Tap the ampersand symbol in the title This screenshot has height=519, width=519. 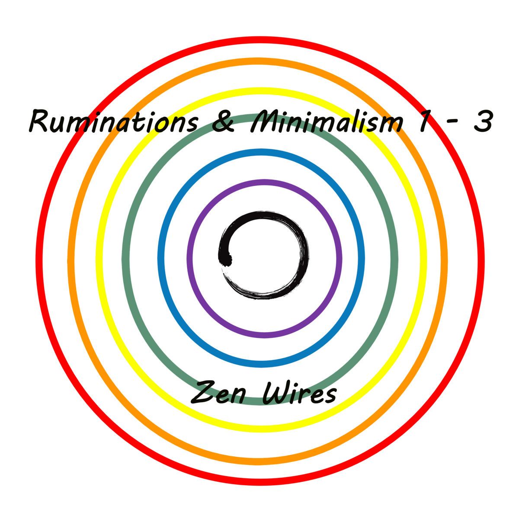click(x=224, y=122)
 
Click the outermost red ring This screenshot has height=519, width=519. click(x=38, y=259)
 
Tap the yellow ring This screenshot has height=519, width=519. click(x=98, y=259)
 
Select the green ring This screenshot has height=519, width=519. click(x=125, y=259)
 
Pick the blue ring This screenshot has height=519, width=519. click(x=160, y=259)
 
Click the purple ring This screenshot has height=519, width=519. click(x=190, y=259)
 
